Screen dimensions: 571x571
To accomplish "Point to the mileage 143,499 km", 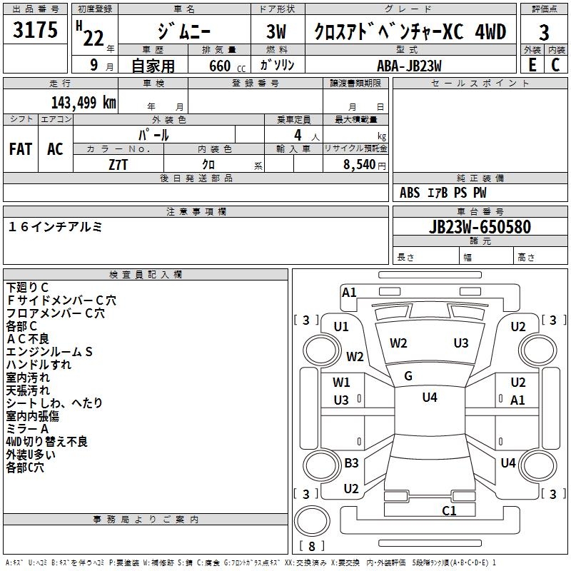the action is [x=84, y=102].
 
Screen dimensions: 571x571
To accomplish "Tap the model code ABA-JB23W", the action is [x=409, y=65].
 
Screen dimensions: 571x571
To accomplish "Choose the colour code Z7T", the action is [x=118, y=163].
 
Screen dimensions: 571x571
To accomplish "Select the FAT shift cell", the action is [x=21, y=149].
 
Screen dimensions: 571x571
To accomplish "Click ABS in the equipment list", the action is [x=410, y=193].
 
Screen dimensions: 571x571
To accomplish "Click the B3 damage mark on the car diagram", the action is [x=351, y=463].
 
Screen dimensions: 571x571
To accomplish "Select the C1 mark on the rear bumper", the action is [x=449, y=510].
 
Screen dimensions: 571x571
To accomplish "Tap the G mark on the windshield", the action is [x=408, y=375].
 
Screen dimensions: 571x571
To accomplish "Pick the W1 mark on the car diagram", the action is [x=341, y=383].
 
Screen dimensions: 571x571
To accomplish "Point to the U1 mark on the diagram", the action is [x=341, y=326].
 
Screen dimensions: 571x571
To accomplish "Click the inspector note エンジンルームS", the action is [x=50, y=351].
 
